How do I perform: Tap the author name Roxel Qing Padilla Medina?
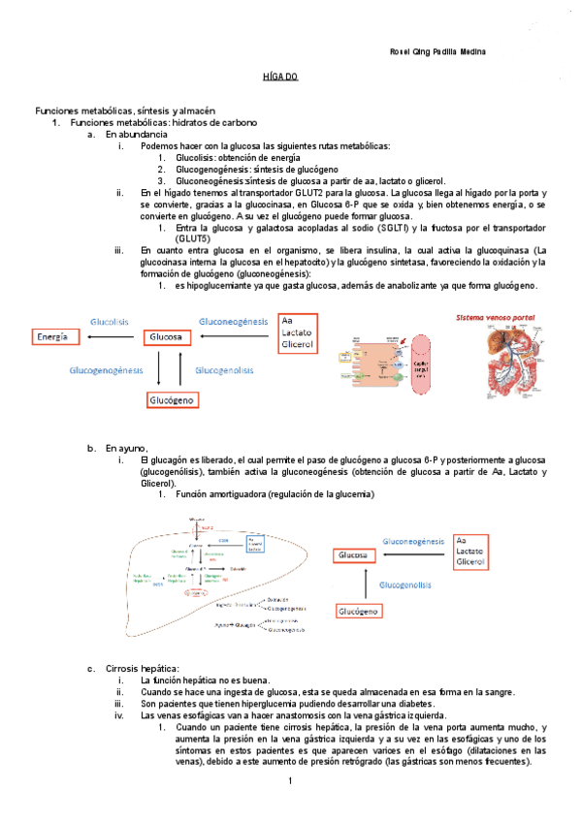click(436, 52)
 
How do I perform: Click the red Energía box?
click(53, 336)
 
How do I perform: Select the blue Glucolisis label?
click(110, 320)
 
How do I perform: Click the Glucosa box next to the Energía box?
click(167, 336)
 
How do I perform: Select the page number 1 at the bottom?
click(289, 781)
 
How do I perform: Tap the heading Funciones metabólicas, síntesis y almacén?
click(125, 111)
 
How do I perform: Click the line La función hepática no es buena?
click(205, 680)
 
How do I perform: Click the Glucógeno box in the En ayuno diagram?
click(359, 611)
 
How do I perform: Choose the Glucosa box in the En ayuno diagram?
click(354, 555)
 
